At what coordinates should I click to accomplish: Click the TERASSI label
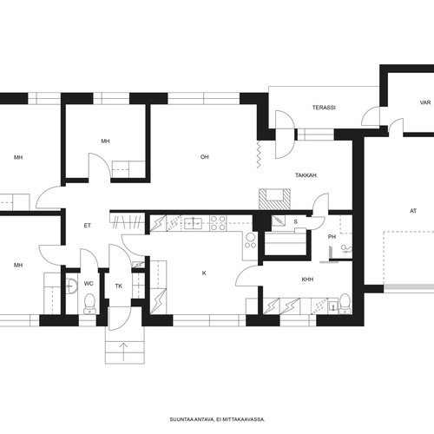324,108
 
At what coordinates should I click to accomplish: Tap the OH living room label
205,157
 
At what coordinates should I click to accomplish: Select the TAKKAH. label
306,175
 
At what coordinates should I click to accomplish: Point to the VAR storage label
425,102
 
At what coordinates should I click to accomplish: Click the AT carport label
413,211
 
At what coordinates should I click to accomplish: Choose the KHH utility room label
307,279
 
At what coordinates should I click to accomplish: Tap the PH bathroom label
332,237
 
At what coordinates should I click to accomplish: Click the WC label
89,284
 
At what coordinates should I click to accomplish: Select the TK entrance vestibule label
119,286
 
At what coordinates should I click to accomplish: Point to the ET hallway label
87,226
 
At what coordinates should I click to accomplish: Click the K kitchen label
204,273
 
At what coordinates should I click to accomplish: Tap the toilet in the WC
89,304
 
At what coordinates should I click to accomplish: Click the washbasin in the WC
71,286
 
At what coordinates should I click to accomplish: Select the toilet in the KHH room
345,304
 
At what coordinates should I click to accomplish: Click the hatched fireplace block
274,200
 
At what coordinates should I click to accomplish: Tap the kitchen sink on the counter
193,223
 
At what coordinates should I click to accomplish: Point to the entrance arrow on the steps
123,352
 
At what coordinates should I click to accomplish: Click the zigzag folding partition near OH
259,155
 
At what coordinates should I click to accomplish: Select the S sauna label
295,221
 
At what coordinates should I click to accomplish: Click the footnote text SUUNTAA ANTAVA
192,419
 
